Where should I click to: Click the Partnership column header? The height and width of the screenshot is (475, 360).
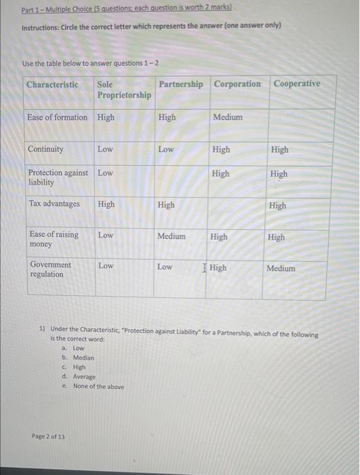(x=180, y=84)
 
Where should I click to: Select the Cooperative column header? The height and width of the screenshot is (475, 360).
(x=296, y=83)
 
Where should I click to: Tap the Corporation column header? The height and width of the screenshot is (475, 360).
(x=237, y=84)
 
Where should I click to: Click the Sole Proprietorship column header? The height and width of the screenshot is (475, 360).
(x=123, y=90)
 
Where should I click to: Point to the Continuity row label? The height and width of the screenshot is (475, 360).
(x=45, y=149)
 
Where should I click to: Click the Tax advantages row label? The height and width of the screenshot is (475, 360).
(x=54, y=204)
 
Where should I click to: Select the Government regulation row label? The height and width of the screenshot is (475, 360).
(x=50, y=269)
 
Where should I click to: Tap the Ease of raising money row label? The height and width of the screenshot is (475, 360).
(x=54, y=239)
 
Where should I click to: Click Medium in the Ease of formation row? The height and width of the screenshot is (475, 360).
(x=227, y=117)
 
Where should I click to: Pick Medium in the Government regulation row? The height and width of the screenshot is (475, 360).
(x=281, y=268)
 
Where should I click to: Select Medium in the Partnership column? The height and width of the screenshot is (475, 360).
(x=171, y=236)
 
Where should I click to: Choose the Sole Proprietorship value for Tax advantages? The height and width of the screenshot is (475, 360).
(x=106, y=204)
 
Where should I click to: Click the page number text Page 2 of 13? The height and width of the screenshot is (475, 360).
(x=48, y=436)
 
